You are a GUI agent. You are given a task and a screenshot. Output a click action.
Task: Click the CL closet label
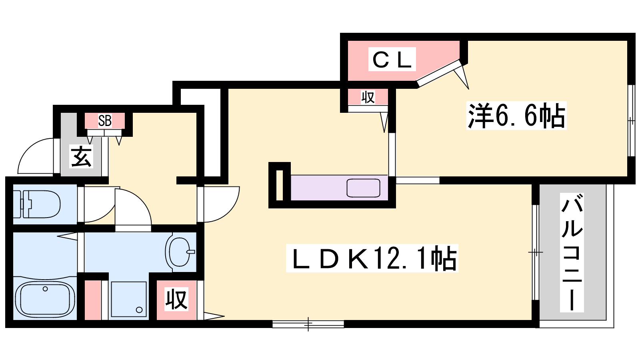(392, 59)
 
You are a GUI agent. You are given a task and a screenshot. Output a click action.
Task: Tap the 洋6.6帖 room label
(516, 116)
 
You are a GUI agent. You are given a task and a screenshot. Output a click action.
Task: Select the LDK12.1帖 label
(372, 258)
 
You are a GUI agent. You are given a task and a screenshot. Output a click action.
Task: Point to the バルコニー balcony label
(572, 252)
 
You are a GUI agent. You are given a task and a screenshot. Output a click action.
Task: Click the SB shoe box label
(104, 121)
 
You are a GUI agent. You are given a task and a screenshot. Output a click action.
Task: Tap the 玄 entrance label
(82, 156)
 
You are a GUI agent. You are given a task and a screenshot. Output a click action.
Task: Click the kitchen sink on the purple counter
(363, 188)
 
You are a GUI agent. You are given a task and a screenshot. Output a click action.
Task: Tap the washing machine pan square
(129, 299)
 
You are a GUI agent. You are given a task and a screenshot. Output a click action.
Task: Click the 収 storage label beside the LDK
(176, 299)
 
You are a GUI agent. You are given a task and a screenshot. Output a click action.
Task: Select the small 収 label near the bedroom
(368, 98)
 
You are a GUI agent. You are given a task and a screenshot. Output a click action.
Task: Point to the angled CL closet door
(439, 72)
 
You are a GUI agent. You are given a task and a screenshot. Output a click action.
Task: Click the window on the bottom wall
(308, 324)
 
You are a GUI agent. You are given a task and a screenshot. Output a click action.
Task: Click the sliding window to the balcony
(536, 252)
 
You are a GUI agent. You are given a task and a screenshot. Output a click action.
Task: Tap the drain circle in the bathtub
(45, 289)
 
